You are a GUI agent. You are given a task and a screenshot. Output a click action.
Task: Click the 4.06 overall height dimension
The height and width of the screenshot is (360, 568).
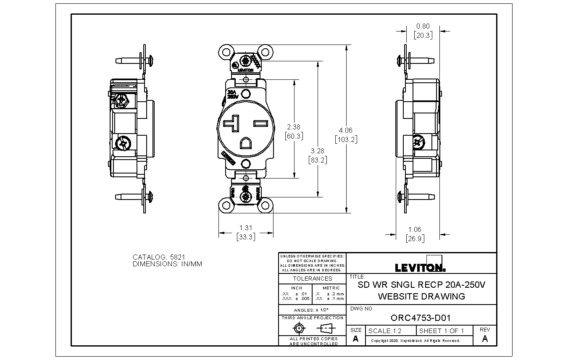pyautogui.click(x=346, y=130)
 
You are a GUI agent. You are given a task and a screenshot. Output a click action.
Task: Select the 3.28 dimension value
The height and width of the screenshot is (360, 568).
pyautogui.click(x=317, y=151)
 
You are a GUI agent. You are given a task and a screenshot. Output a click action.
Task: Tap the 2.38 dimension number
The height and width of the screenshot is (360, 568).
pyautogui.click(x=294, y=127)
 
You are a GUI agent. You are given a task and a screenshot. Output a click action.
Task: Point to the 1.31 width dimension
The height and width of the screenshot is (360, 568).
pyautogui.click(x=246, y=228)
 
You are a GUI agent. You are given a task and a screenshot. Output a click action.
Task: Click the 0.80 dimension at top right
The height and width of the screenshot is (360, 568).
pyautogui.click(x=423, y=26)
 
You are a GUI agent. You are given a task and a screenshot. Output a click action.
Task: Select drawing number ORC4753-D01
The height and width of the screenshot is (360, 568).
pyautogui.click(x=421, y=318)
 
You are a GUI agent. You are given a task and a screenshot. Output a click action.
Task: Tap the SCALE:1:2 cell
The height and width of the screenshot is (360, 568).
pyautogui.click(x=385, y=331)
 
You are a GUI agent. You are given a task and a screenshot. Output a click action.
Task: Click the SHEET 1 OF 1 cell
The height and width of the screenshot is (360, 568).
pyautogui.click(x=442, y=331)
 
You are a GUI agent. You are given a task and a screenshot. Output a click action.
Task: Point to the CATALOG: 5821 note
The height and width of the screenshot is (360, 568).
pyautogui.click(x=159, y=257)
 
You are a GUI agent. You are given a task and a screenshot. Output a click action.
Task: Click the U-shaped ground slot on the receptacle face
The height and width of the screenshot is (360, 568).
pyautogui.click(x=246, y=144)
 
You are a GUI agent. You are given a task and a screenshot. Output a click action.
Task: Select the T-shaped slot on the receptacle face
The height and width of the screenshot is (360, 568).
pyautogui.click(x=231, y=124)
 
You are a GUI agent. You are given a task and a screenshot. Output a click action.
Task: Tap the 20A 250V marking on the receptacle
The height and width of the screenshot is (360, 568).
pyautogui.click(x=232, y=94)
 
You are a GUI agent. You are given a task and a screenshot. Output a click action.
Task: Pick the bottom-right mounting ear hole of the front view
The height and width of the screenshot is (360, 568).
pyautogui.click(x=266, y=206)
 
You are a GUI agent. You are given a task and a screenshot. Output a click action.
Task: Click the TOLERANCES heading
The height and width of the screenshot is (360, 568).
pyautogui.click(x=312, y=279)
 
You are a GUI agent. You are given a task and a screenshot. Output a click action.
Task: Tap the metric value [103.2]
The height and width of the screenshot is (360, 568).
pyautogui.click(x=346, y=139)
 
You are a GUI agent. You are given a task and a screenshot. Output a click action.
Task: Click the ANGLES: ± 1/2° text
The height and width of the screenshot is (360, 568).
pyautogui.click(x=312, y=310)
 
